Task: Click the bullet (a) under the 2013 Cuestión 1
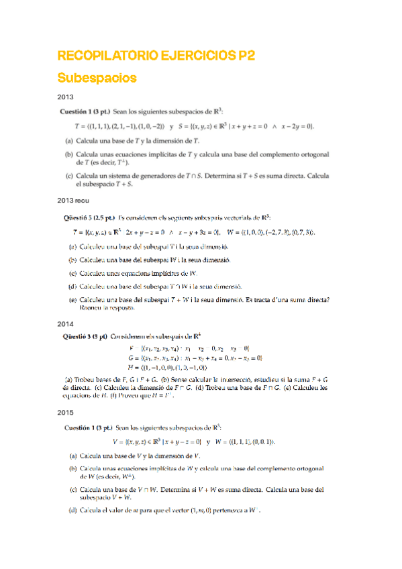(69, 141)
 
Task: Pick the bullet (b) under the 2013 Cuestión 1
(69, 154)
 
